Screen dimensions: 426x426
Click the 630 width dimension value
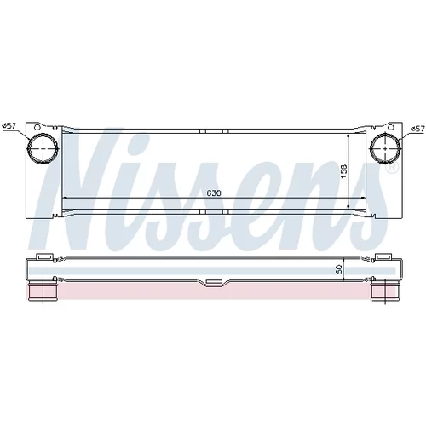pos(214,193)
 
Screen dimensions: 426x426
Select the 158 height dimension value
pos(344,171)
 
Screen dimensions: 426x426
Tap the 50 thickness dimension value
pos(339,270)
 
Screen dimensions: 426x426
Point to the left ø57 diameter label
pos(9,126)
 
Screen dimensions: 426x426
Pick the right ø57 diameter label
pos(417,129)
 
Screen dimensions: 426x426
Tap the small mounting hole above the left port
pos(37,127)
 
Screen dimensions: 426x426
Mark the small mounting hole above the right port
pos(391,127)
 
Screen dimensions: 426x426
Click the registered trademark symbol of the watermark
pos(393,168)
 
